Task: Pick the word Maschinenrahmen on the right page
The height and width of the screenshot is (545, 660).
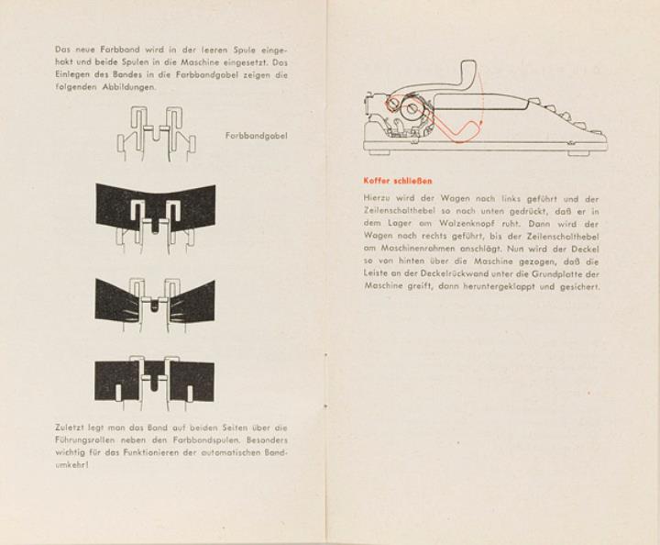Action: click(407, 249)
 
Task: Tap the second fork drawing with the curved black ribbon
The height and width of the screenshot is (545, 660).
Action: click(155, 213)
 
